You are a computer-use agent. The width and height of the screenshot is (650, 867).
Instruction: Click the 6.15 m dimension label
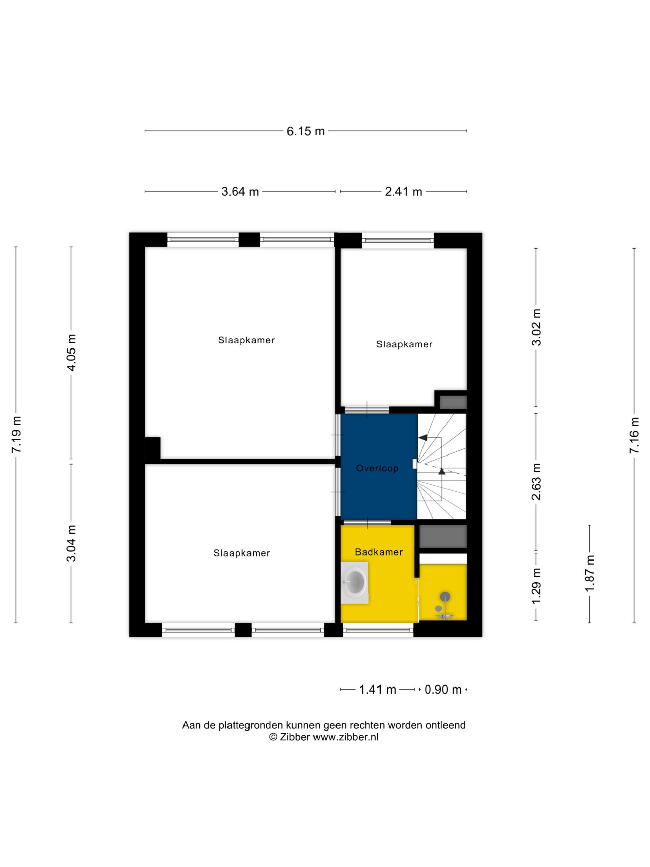[x=306, y=131]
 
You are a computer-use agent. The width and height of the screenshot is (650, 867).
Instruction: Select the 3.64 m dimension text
[x=240, y=191]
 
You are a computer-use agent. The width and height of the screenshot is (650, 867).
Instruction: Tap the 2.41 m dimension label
[x=404, y=191]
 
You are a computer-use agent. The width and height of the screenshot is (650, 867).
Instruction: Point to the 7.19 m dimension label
[x=17, y=434]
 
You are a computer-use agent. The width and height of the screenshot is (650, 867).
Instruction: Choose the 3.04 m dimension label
[x=72, y=543]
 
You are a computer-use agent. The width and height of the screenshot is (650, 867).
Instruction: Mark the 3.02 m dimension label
[x=536, y=327]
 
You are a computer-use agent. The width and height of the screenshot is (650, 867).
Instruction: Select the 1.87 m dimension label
[x=590, y=573]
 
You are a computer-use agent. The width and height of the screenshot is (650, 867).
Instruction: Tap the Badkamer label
[x=379, y=552]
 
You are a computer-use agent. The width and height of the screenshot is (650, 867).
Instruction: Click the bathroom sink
[x=354, y=583]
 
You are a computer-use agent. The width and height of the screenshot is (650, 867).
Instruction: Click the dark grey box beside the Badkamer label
[x=443, y=536]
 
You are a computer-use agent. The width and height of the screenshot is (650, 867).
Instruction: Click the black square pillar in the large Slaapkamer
[x=153, y=448]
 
